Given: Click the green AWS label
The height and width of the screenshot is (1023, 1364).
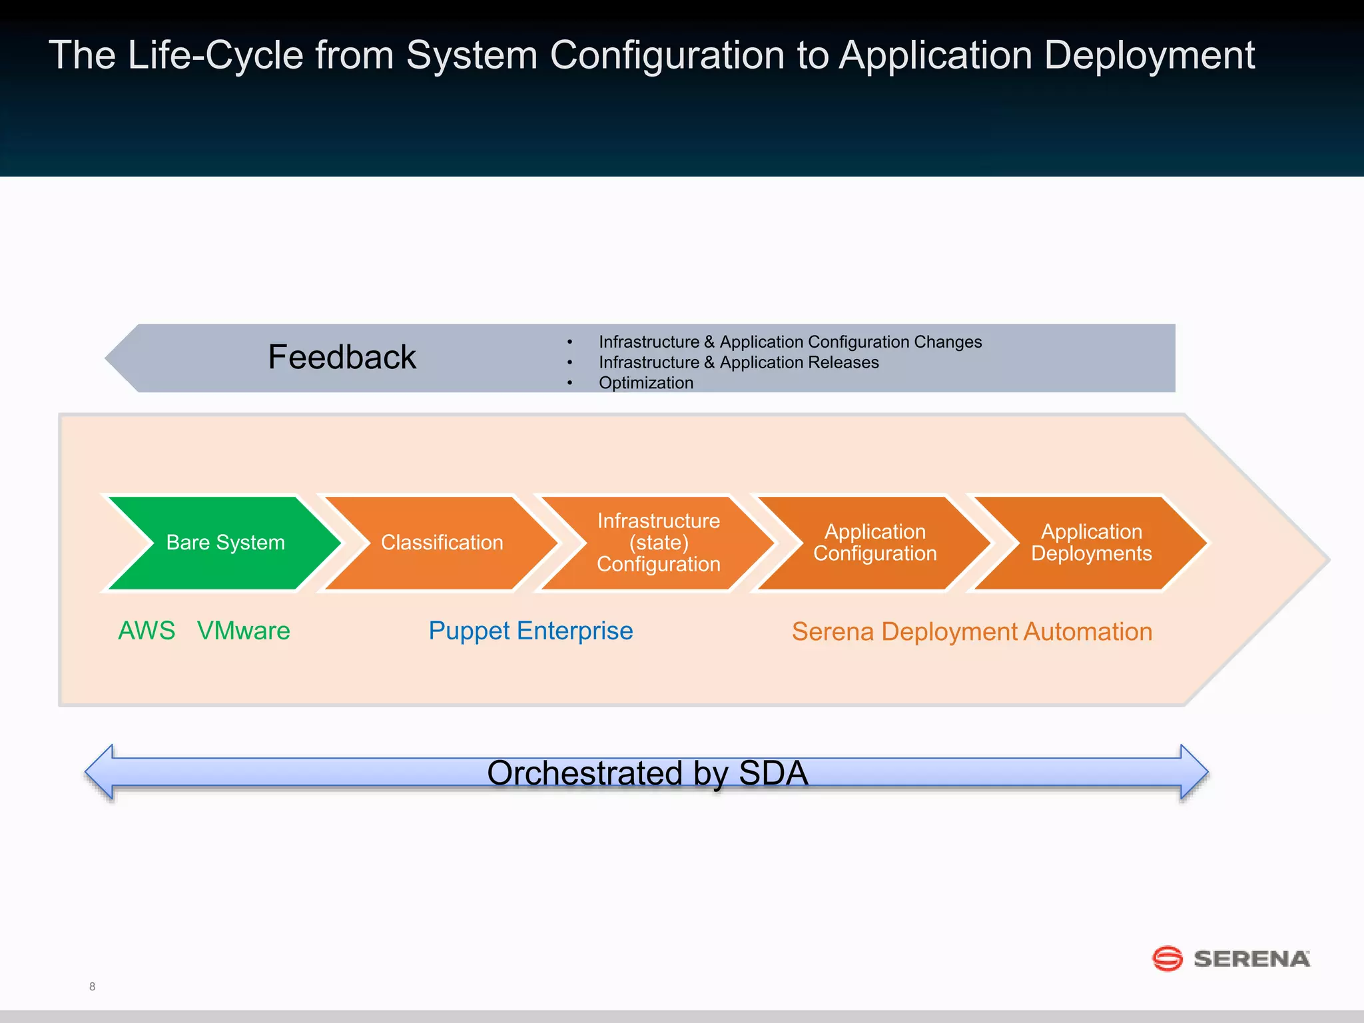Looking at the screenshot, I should click(x=147, y=631).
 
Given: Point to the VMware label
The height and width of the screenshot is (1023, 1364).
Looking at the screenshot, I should click(x=244, y=631).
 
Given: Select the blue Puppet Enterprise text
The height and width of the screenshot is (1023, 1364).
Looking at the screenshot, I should click(x=530, y=631).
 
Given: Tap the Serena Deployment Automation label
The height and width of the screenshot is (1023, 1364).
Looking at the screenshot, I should click(x=972, y=631).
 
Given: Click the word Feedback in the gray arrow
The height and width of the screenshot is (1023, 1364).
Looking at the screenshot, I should click(x=342, y=357).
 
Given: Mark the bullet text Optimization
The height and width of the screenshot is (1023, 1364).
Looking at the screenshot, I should click(x=645, y=383).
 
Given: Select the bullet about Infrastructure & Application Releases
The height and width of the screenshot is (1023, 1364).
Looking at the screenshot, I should click(x=738, y=362).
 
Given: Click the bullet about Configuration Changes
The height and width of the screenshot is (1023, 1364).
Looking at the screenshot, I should click(x=790, y=342).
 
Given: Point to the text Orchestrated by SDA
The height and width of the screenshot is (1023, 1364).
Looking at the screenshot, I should click(x=647, y=773).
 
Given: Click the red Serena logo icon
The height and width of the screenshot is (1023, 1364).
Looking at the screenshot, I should click(x=1167, y=959).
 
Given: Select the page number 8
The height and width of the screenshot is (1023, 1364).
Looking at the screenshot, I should click(x=92, y=986).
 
